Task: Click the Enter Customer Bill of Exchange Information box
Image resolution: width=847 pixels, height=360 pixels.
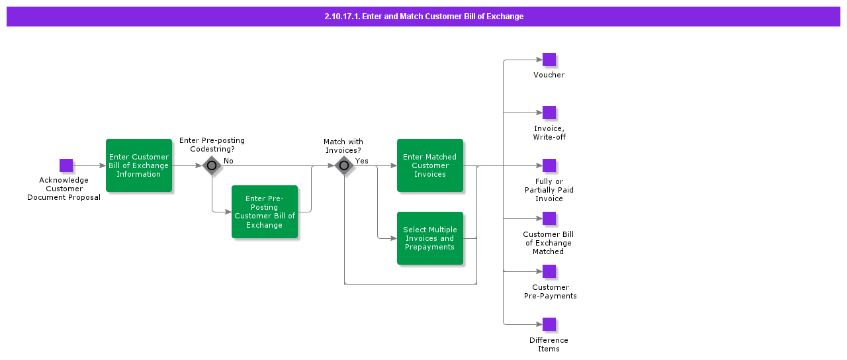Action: pos(139,165)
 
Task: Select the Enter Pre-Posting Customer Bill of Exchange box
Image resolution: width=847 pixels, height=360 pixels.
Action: pos(265,212)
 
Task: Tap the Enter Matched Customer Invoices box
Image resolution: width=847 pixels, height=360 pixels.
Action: pos(430,165)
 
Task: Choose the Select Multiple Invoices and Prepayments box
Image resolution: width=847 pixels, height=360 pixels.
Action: pos(430,238)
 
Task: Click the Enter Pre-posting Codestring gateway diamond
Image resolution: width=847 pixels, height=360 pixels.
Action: pos(212,165)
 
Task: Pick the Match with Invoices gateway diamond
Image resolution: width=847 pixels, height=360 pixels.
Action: pos(344,165)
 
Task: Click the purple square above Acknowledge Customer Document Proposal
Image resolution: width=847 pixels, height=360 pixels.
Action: pos(66,165)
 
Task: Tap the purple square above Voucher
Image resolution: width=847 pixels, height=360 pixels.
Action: pos(549,60)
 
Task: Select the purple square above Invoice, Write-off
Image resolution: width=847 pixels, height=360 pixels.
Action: pos(549,112)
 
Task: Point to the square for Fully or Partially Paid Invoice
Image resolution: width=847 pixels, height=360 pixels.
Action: pos(549,165)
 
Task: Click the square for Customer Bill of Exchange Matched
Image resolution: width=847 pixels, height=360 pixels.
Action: pos(549,218)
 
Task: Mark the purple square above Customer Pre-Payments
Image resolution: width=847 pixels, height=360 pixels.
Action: pos(549,271)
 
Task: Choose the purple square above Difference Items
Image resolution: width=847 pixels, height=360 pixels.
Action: pos(549,324)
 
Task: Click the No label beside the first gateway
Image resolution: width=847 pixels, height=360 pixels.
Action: pos(228,161)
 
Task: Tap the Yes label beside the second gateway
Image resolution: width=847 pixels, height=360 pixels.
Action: pos(362,161)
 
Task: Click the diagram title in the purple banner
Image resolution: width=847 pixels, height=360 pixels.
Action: pos(423,17)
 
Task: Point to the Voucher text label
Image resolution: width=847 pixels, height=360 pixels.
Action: pos(549,75)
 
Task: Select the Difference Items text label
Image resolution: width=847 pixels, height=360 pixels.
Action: pos(549,344)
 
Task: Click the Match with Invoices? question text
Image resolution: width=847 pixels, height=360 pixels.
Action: pos(343,146)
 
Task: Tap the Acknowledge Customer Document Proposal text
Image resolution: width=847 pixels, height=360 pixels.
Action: pos(64,189)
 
